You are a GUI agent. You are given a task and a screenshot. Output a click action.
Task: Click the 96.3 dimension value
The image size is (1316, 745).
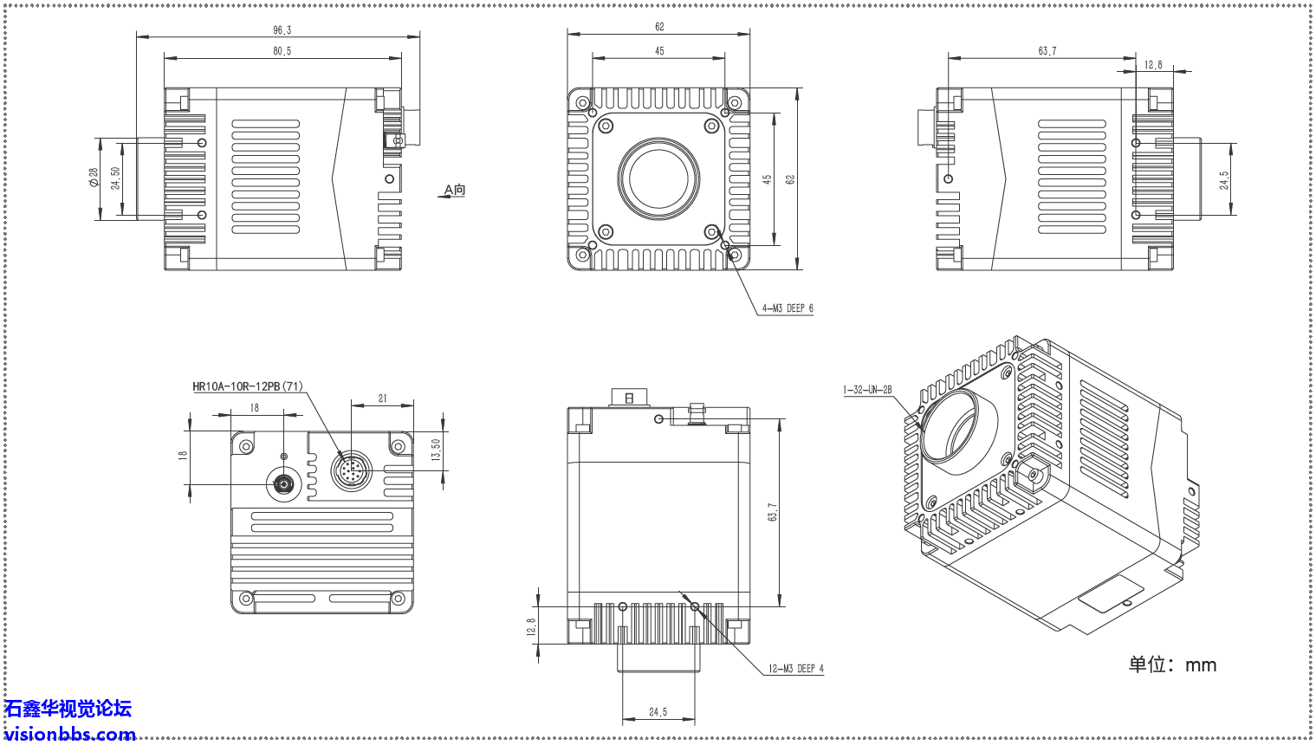click(282, 30)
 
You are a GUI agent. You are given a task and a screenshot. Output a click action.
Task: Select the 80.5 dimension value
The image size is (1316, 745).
click(282, 51)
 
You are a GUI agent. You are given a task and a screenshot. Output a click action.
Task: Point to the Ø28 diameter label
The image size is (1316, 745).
click(94, 178)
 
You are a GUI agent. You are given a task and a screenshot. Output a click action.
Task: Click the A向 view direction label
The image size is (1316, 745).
click(454, 190)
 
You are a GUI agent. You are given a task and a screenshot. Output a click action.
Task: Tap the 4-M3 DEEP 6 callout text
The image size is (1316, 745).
click(787, 308)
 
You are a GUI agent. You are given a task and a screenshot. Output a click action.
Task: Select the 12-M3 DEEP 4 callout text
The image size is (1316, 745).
click(795, 669)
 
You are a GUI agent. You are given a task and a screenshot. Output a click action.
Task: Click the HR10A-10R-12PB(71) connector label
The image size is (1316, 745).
click(247, 386)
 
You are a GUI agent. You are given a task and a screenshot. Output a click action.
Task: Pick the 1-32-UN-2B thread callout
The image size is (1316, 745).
click(867, 391)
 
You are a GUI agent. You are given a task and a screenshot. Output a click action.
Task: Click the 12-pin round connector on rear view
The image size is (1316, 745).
click(352, 470)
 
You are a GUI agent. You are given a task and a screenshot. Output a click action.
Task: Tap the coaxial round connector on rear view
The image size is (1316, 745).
click(283, 483)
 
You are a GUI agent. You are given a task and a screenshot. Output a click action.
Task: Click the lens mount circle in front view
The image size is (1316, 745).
click(658, 179)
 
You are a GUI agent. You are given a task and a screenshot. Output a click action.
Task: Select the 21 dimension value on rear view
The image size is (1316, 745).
click(382, 399)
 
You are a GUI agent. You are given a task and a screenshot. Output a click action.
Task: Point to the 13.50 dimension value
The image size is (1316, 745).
click(436, 450)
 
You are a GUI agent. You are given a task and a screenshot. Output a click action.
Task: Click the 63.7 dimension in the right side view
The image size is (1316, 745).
click(1047, 51)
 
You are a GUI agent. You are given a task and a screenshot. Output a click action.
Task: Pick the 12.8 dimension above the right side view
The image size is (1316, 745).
click(1153, 65)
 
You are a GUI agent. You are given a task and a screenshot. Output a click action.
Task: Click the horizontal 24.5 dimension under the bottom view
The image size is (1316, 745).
click(658, 712)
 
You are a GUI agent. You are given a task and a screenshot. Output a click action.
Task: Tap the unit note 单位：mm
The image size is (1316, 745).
click(1171, 665)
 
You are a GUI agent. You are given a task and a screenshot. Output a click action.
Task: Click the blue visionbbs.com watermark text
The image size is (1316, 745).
click(69, 735)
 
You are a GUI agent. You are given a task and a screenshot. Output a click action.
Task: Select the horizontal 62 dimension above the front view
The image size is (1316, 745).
click(659, 28)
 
